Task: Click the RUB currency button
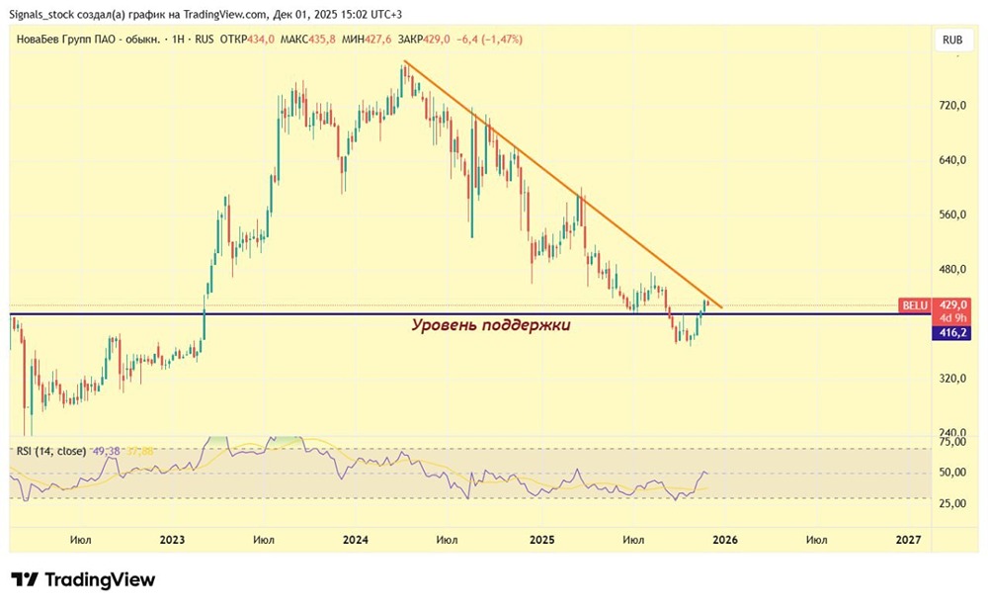[952, 41]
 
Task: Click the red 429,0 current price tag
[951, 306]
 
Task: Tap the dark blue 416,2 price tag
[950, 333]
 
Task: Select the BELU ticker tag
[913, 306]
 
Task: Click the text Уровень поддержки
[490, 324]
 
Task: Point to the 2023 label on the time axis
[172, 540]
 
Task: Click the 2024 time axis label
[356, 540]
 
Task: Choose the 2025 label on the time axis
[540, 540]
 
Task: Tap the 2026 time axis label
[724, 540]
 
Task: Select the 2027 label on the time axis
[908, 540]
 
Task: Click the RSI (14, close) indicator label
[49, 451]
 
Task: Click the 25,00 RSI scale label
[950, 504]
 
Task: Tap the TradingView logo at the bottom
[83, 579]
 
